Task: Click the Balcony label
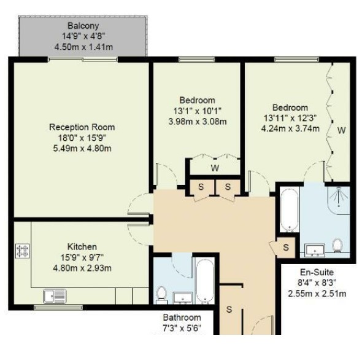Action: pos(83,26)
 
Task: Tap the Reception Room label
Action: pos(82,127)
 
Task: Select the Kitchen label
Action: pos(82,247)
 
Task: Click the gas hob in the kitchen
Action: pos(22,251)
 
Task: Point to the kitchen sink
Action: pos(55,296)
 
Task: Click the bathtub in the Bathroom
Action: pos(205,281)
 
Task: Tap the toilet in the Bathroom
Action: pos(161,295)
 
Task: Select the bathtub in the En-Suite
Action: pos(290,209)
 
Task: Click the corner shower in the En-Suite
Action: pos(339,200)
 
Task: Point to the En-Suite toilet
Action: pos(337,245)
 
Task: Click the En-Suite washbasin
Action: pos(315,250)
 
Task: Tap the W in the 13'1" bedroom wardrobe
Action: pos(215,168)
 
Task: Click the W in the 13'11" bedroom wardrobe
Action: pos(342,130)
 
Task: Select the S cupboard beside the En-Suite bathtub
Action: pos(286,248)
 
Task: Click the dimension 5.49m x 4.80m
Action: pos(82,148)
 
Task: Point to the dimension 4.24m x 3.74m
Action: pos(290,128)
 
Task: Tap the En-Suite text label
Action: pos(317,272)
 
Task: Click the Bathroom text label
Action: pos(182,318)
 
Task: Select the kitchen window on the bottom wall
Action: pos(58,307)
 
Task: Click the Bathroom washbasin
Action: pos(183,298)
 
